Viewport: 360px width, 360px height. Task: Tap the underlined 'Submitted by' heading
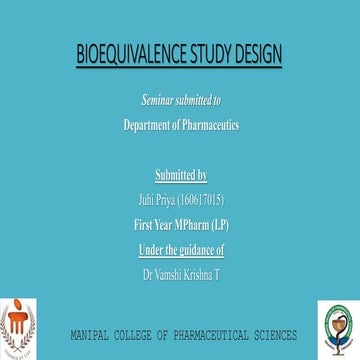(x=180, y=179)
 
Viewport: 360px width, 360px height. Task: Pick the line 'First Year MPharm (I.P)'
(x=180, y=225)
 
